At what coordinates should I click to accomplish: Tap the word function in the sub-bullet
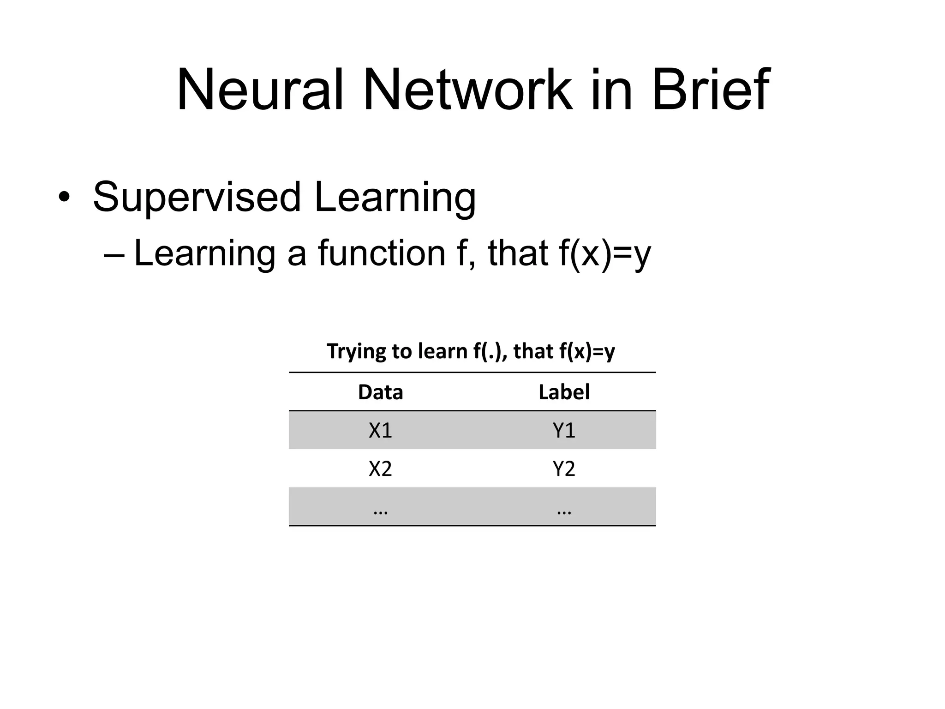tap(382, 253)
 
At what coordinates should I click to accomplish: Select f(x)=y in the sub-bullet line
tap(604, 254)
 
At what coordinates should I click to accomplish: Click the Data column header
tap(380, 392)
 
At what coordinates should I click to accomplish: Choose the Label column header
tap(564, 392)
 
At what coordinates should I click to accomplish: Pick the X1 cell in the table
tap(380, 430)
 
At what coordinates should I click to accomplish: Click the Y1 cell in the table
tap(564, 430)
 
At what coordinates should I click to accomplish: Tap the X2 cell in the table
tap(380, 469)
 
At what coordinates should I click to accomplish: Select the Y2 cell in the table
tap(564, 469)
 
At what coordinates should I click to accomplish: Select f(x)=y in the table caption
tap(587, 352)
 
